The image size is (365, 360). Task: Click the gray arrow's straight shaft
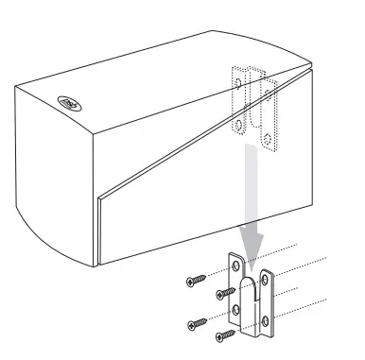[x=251, y=189]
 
